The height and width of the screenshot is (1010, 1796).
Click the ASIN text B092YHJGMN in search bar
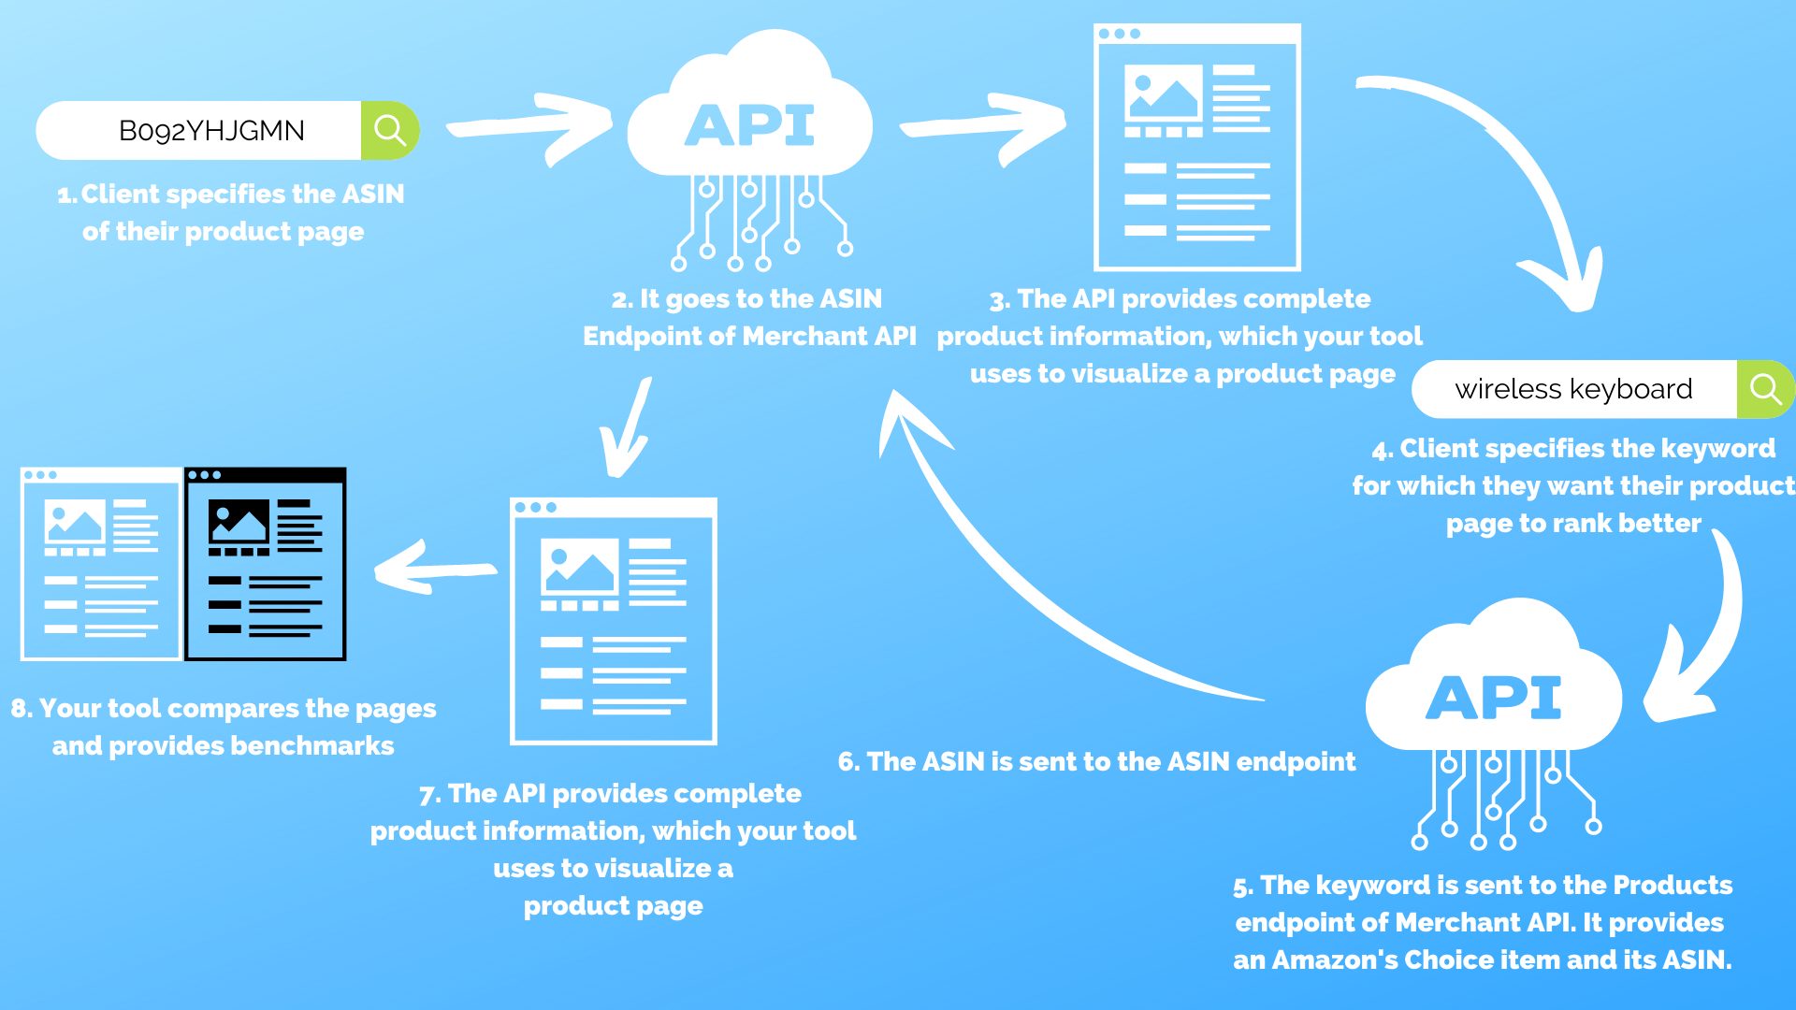point(211,131)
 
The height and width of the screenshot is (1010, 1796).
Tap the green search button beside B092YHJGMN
point(390,130)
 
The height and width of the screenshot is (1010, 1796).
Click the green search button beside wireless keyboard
point(1765,389)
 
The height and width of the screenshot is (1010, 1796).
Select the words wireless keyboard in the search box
point(1573,389)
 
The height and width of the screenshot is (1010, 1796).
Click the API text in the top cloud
point(749,125)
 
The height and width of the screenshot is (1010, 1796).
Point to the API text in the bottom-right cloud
point(1494,698)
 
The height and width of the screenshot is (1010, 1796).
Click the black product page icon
point(266,564)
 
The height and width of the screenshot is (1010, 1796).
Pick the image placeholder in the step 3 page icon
point(1164,92)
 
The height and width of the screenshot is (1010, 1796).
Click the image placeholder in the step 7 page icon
point(580,567)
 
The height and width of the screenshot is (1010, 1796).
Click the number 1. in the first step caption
point(66,195)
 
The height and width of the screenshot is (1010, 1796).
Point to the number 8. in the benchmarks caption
point(22,709)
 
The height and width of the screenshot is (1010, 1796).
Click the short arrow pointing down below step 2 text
point(625,428)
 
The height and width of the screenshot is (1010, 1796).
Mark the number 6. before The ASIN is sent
point(849,762)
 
